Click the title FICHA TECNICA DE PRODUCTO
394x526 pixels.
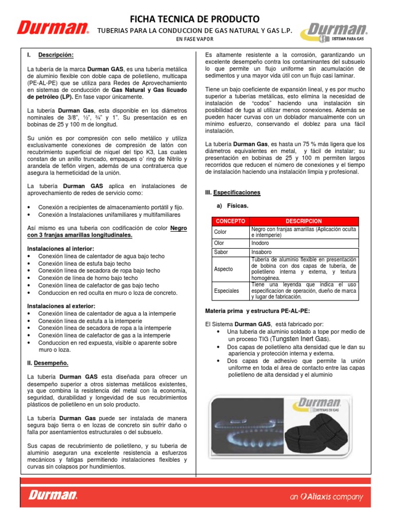pos(194,20)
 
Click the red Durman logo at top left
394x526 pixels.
pos(52,28)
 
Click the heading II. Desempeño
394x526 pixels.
pos(48,363)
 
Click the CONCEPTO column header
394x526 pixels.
pos(230,221)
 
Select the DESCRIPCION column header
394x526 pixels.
pos(304,221)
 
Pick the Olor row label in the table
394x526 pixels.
pos(219,242)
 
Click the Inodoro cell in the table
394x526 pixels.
pos(260,242)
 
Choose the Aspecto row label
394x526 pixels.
pos(223,269)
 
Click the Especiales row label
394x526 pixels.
pos(226,291)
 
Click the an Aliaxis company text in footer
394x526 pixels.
pos(326,497)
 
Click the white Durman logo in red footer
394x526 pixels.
pos(53,495)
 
